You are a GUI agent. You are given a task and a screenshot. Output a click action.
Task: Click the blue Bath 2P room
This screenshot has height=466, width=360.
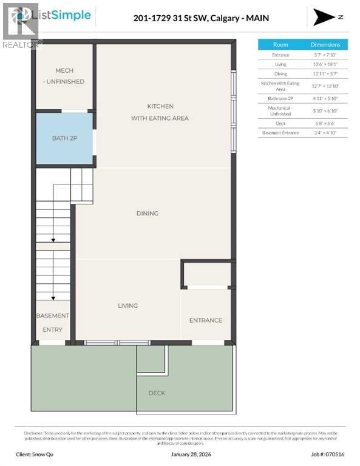coord(64,138)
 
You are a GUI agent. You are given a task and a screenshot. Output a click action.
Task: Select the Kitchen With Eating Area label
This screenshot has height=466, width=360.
coord(160,112)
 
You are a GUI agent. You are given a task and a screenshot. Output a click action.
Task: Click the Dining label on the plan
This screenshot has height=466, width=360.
coord(148,214)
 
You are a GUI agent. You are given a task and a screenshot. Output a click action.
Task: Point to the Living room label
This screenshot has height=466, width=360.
coord(127,306)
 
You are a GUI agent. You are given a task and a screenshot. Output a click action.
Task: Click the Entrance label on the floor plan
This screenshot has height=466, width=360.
coord(205,320)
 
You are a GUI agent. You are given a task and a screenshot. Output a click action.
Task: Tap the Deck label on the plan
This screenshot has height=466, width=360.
coord(157,393)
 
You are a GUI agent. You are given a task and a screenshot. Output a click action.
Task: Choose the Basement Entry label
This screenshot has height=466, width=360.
coord(53,323)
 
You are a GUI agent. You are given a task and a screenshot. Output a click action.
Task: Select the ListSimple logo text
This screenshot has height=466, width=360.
coord(66,15)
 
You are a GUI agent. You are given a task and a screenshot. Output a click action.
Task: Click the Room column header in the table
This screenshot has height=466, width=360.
coord(280,44)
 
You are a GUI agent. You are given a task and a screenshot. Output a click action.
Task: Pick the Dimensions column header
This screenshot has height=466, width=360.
coord(325,44)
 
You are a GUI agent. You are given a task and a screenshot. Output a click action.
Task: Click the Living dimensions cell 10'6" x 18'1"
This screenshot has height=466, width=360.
coord(325,64)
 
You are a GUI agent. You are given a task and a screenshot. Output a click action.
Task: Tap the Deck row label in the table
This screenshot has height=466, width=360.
coord(280,123)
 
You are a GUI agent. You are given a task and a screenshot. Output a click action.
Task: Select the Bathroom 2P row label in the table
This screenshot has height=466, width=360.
coord(280,98)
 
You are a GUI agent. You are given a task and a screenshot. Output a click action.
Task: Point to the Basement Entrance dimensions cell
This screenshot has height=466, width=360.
coord(325,133)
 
